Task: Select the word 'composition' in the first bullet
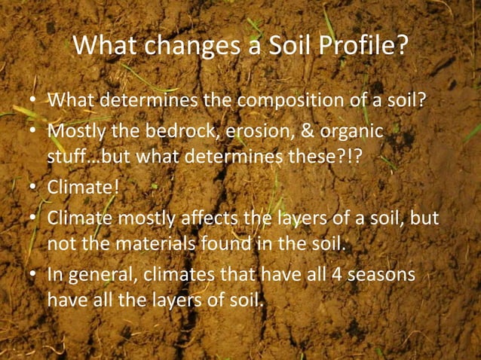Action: [x=285, y=100]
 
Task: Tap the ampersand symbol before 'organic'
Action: [x=306, y=132]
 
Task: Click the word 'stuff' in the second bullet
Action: [x=67, y=159]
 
